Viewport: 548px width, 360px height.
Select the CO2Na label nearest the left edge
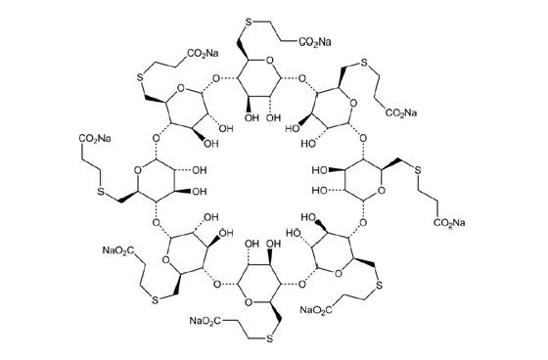pyautogui.click(x=92, y=140)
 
